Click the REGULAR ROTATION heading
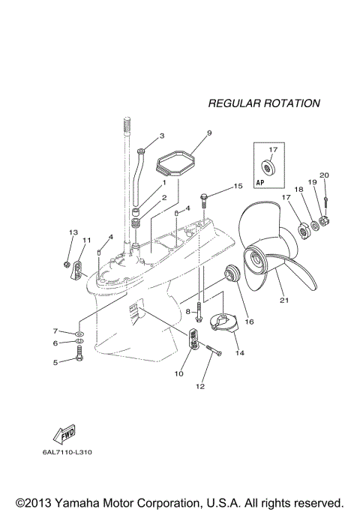[x=263, y=103]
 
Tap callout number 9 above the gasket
[x=188, y=133]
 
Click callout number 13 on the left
[x=73, y=232]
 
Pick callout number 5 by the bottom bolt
[x=55, y=361]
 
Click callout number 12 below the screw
[x=199, y=386]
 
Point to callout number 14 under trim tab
[x=239, y=352]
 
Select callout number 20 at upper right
[x=324, y=175]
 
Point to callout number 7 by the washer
[x=55, y=331]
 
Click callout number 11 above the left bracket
[x=86, y=240]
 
